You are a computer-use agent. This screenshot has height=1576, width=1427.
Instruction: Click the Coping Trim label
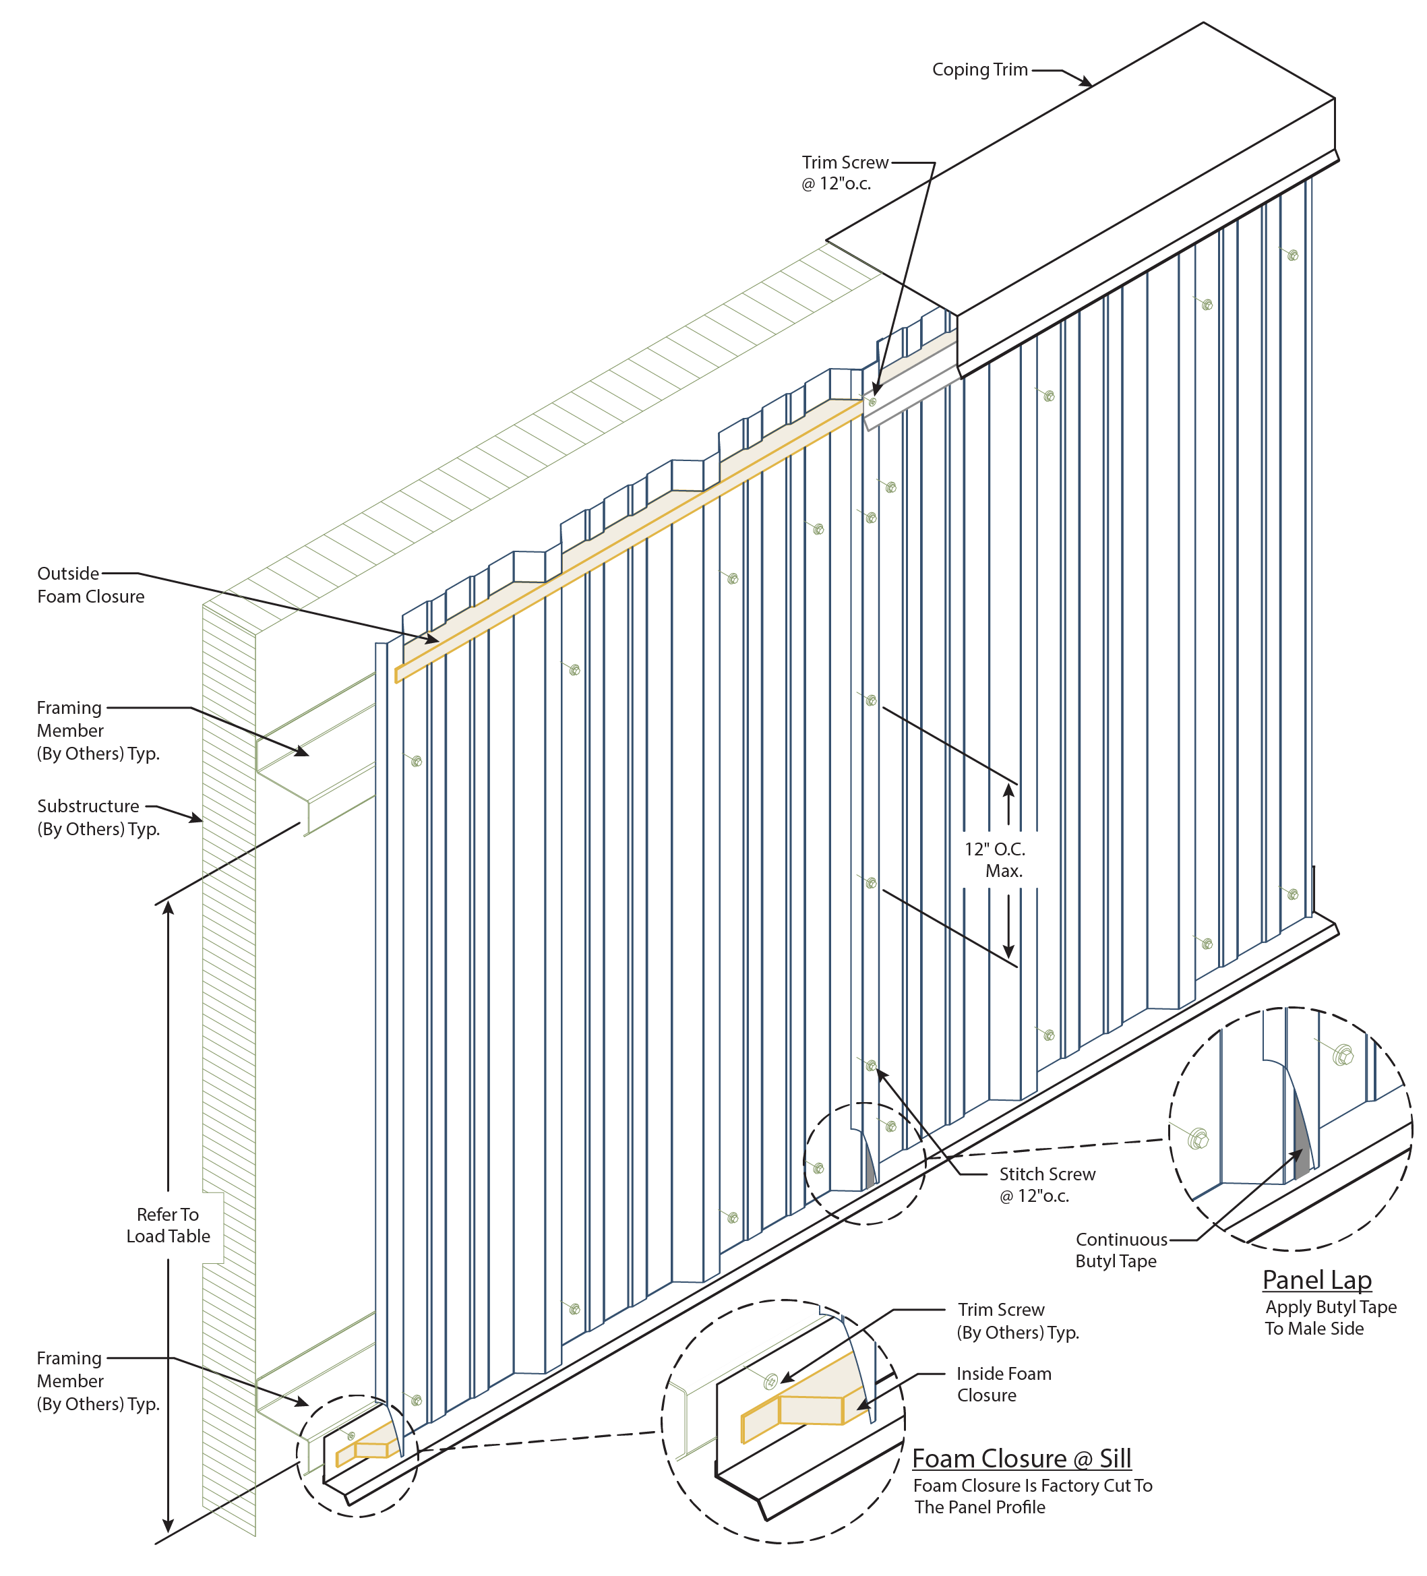[979, 70]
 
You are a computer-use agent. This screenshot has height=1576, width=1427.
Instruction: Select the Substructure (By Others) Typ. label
[98, 817]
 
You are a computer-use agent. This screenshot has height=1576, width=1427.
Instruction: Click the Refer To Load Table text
[168, 1225]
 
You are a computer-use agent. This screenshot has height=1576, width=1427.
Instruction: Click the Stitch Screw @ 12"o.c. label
[1046, 1184]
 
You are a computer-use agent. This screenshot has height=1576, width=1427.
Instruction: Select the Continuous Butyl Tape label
[1120, 1249]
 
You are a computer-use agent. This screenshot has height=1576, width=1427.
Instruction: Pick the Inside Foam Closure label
[1003, 1384]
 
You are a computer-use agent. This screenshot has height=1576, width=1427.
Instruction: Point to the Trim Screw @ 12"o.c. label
[844, 173]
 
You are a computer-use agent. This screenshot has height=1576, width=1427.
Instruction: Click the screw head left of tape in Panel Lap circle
[1197, 1139]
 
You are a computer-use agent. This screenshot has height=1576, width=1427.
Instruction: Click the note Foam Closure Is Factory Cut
[1032, 1496]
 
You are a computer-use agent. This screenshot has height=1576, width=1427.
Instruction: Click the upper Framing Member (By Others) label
[98, 730]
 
